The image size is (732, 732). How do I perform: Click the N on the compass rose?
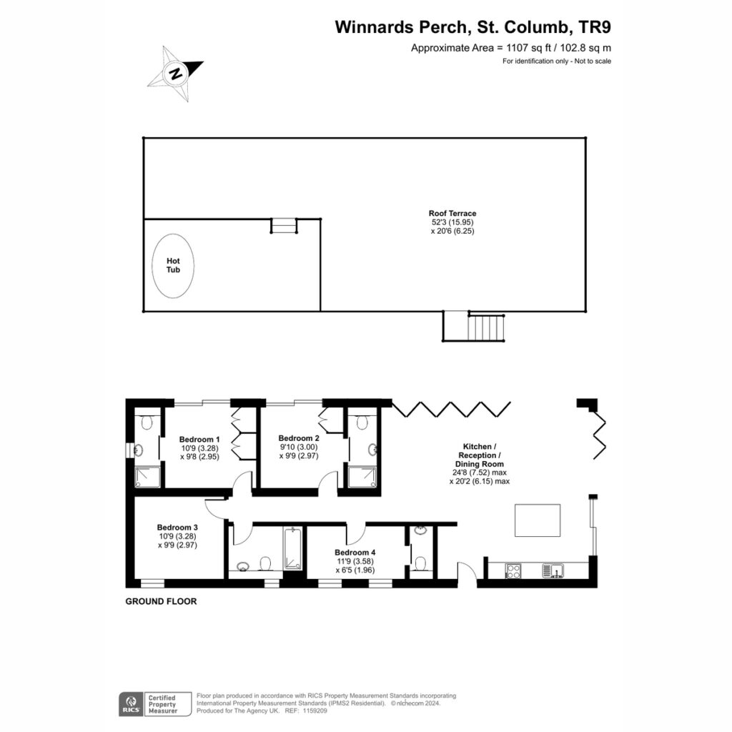pyautogui.click(x=176, y=74)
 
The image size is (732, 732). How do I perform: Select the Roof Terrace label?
pyautogui.click(x=452, y=213)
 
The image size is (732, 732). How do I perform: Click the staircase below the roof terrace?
pyautogui.click(x=486, y=327)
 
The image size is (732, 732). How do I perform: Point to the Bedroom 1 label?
pyautogui.click(x=199, y=440)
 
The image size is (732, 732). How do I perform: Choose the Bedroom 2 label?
pyautogui.click(x=299, y=438)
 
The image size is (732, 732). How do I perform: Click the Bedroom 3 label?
pyautogui.click(x=177, y=528)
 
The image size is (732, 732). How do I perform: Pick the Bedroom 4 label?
pyautogui.click(x=355, y=553)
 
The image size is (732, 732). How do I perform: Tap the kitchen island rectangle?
pyautogui.click(x=538, y=520)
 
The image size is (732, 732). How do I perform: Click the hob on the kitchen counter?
pyautogui.click(x=513, y=571)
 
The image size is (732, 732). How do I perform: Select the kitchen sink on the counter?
pyautogui.click(x=553, y=570)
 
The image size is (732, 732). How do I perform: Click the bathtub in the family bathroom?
pyautogui.click(x=292, y=548)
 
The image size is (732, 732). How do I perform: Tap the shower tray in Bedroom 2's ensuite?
pyautogui.click(x=362, y=477)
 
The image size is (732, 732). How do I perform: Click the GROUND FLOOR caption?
pyautogui.click(x=161, y=601)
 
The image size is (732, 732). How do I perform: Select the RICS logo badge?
pyautogui.click(x=132, y=704)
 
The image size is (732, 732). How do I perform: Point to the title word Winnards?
pyautogui.click(x=375, y=27)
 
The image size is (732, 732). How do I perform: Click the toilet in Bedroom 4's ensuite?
pyautogui.click(x=420, y=563)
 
